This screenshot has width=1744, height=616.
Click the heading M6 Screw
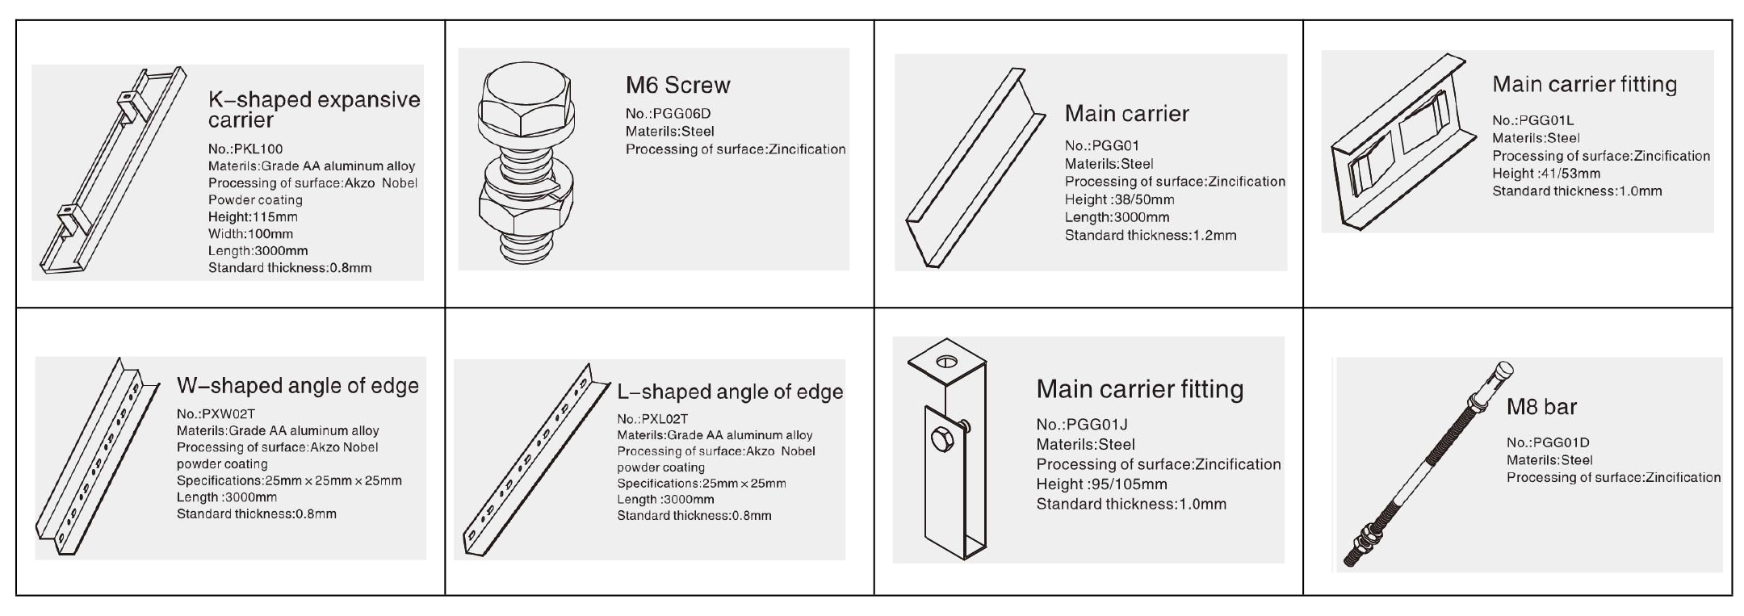677,85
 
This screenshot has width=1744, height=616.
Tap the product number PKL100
258,149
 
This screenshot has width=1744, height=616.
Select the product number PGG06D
681,114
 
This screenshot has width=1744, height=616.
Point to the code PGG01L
1547,120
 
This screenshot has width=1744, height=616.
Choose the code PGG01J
1096,425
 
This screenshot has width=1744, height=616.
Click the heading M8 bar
1541,407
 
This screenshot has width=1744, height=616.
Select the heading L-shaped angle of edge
730,392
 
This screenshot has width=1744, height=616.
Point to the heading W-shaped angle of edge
298,386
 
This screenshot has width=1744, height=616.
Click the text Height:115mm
253,217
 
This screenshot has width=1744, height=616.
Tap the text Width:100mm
250,234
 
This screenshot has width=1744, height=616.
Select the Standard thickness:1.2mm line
1151,236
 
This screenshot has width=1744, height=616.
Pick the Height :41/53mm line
1546,174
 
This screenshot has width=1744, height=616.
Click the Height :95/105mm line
1102,484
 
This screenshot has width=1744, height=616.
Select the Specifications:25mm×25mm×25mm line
289,481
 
